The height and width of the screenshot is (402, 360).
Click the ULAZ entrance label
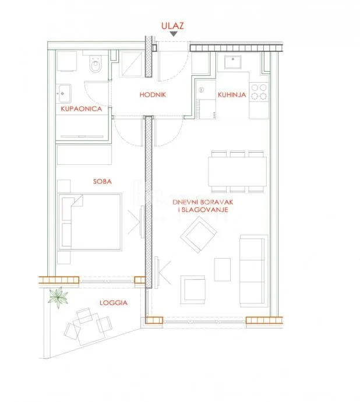[172, 26]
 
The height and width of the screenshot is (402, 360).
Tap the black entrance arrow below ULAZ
[174, 34]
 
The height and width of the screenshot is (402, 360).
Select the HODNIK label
[153, 94]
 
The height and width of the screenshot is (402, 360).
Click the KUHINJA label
[232, 95]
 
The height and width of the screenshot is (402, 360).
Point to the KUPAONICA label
[82, 109]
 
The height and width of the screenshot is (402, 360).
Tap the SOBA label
[103, 182]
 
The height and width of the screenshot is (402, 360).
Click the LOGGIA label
[114, 303]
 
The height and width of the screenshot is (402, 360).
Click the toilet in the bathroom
[96, 64]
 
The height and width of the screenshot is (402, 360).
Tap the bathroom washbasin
[63, 94]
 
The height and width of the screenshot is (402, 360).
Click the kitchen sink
[233, 62]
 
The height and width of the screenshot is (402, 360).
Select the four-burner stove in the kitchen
[259, 92]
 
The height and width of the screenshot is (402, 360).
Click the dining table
[237, 171]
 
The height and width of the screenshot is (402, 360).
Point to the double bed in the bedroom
[90, 222]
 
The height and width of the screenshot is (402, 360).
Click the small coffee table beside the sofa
[223, 269]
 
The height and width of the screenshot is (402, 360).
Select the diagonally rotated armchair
[199, 235]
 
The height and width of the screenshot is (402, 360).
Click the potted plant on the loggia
[58, 297]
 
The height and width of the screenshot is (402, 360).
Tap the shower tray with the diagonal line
[132, 64]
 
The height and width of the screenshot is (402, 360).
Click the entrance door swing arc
[179, 73]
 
